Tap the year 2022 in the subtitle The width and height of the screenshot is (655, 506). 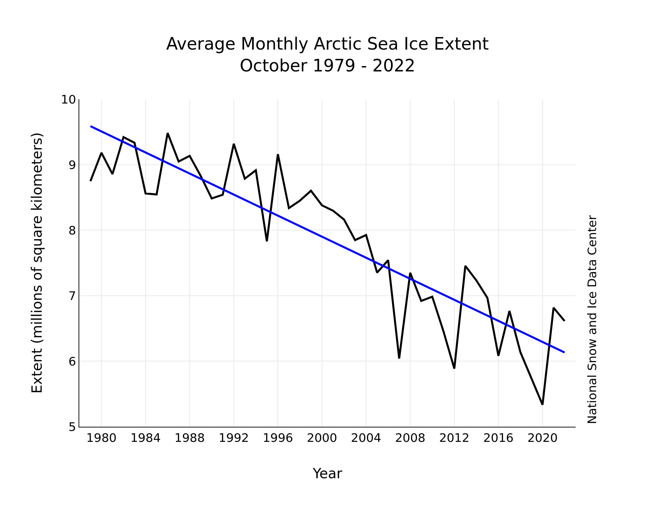point(393,66)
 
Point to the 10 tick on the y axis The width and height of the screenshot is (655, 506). point(68,100)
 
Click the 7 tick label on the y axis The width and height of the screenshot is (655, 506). point(72,296)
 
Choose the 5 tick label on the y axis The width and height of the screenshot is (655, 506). point(72,427)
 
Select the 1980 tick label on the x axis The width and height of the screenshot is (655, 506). point(101,438)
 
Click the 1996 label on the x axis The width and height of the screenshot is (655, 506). point(278,438)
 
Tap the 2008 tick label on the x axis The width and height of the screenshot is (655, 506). point(410,438)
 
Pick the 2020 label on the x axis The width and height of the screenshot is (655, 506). point(542,438)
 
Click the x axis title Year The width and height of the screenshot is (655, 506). point(327,474)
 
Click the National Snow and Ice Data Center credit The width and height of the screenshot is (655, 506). point(592,319)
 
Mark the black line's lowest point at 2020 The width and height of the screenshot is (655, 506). point(543,404)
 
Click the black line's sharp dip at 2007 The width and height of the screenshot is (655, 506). point(399,358)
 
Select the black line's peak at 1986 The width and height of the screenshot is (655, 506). point(168,133)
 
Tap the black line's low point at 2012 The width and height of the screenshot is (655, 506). point(454,368)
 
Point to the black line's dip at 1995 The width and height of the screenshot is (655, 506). point(267,241)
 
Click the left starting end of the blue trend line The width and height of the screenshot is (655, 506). point(91,126)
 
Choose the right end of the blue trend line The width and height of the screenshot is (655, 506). point(564,352)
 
